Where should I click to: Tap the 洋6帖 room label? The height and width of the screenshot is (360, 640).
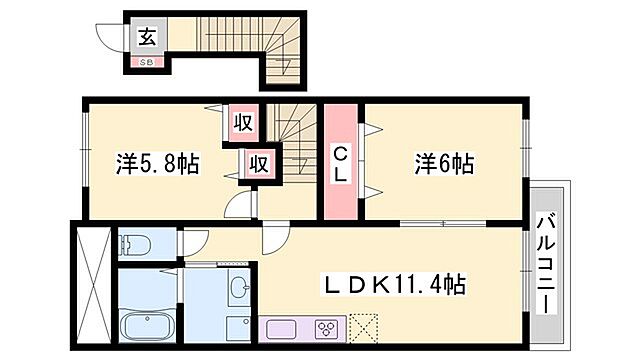click(x=444, y=163)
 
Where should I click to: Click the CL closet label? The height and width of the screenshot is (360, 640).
click(x=340, y=164)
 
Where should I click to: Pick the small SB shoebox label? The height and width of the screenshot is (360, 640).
click(x=146, y=61)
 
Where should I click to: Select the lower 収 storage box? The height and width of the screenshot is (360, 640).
click(x=256, y=163)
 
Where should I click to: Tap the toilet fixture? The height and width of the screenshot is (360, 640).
click(x=134, y=244)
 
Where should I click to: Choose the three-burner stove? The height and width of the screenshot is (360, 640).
click(x=327, y=327)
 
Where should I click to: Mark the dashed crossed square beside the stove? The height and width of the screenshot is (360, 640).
click(x=363, y=327)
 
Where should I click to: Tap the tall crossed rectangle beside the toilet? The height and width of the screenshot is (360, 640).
click(x=92, y=286)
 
